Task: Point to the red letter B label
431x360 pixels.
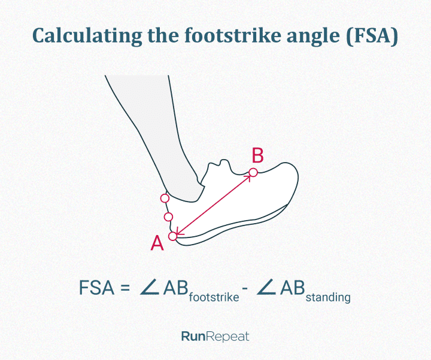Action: coord(257,155)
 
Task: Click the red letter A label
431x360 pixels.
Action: coord(157,243)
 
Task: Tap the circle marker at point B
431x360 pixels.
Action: coord(253,173)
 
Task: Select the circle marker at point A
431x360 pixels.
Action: coord(172,236)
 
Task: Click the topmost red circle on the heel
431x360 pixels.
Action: coord(165,199)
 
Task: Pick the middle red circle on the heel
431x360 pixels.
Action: coord(168,217)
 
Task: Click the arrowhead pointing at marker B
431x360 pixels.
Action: coord(248,177)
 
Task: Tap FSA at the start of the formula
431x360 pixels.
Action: coord(96,288)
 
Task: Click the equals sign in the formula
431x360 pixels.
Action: coord(125,288)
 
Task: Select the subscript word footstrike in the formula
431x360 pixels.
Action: coord(214,297)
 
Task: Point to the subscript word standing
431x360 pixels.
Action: coord(328,298)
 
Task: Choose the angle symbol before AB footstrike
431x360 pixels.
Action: coord(150,288)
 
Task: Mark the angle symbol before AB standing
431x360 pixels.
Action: coord(266,288)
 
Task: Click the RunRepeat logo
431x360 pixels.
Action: coord(215,337)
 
